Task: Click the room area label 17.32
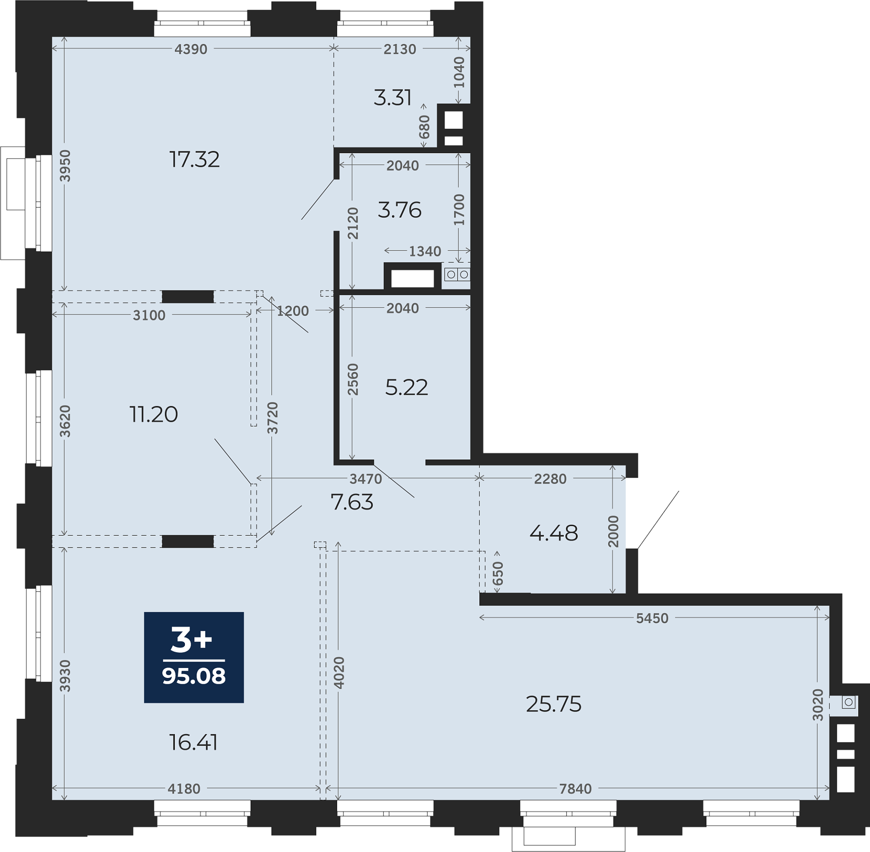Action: click(x=194, y=160)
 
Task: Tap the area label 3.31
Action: click(x=392, y=98)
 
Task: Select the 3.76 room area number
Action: click(x=400, y=210)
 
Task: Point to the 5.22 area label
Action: click(x=406, y=387)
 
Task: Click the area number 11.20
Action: click(x=154, y=414)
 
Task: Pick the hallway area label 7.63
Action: click(x=352, y=502)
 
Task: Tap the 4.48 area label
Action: click(x=554, y=533)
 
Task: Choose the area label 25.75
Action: click(x=554, y=704)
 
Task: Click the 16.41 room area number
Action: click(x=193, y=742)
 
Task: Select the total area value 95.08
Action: click(x=194, y=676)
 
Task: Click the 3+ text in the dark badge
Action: click(x=191, y=639)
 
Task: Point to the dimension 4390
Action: click(x=191, y=49)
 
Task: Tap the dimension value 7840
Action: click(x=575, y=789)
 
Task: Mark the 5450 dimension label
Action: click(x=652, y=619)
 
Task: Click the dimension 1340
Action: click(x=425, y=252)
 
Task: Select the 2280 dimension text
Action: click(x=550, y=479)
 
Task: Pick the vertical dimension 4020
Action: click(x=339, y=673)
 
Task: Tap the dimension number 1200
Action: click(x=293, y=311)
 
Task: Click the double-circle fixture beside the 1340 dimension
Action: click(x=457, y=275)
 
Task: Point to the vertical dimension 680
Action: click(x=424, y=127)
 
